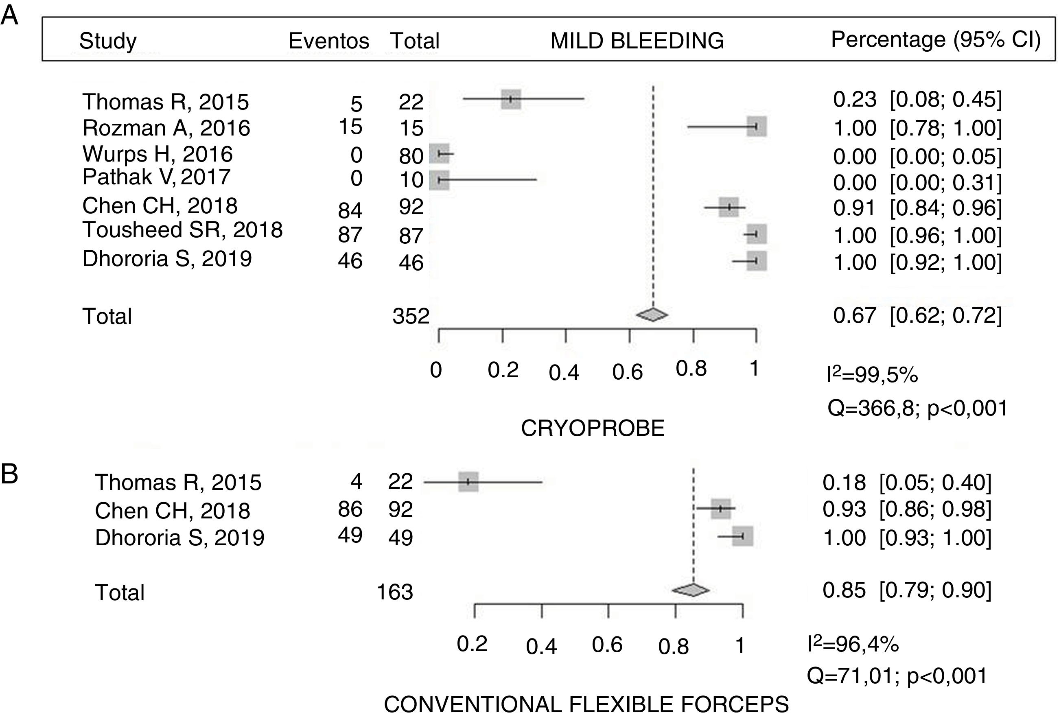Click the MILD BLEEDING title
coord(637,41)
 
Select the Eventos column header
coord(328,42)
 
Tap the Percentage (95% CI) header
coord(936,40)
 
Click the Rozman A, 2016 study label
coord(166,129)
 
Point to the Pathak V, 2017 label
coord(156,177)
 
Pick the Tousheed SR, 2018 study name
coord(182,230)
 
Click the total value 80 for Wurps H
coord(411,156)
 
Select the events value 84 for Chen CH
coord(350,210)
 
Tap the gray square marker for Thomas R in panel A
coord(511,99)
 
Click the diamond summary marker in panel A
coord(652,314)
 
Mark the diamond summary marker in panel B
coord(691,590)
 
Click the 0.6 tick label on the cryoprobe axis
coord(627,373)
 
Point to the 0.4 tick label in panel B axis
coord(541,647)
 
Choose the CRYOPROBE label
coord(593,428)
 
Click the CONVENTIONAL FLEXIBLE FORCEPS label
coord(586,704)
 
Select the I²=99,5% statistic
coord(872,375)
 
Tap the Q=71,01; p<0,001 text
coord(897,675)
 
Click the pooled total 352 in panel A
coord(411,316)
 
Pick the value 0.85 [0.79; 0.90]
coord(907,590)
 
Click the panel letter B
coord(10,474)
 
